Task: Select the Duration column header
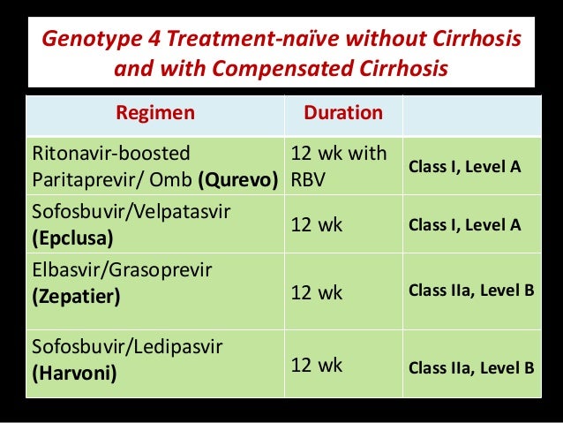pyautogui.click(x=342, y=114)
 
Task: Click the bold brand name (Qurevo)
pyautogui.click(x=238, y=185)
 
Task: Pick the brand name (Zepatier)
pyautogui.click(x=73, y=297)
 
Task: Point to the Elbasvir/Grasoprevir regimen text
pyautogui.click(x=115, y=268)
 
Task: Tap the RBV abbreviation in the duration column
pyautogui.click(x=309, y=185)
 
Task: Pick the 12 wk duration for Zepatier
pyautogui.click(x=317, y=291)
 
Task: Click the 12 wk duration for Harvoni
pyautogui.click(x=317, y=364)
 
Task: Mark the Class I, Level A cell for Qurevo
pyautogui.click(x=464, y=166)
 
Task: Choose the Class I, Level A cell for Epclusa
pyautogui.click(x=464, y=225)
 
